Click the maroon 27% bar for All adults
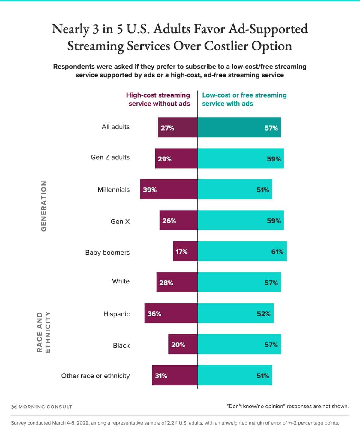(178, 127)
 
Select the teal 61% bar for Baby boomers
(242, 251)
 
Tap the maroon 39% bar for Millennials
(169, 189)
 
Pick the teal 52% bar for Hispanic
(235, 313)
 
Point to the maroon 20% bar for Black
(183, 344)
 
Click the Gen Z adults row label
(110, 157)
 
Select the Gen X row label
(120, 221)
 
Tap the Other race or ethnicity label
(95, 376)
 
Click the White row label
(121, 281)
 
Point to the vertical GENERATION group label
(44, 206)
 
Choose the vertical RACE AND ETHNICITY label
(44, 332)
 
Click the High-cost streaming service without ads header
(158, 99)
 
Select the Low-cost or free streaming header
(244, 99)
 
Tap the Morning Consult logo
(42, 407)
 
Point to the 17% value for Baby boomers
(181, 252)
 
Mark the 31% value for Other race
(161, 376)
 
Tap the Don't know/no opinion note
(287, 406)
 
